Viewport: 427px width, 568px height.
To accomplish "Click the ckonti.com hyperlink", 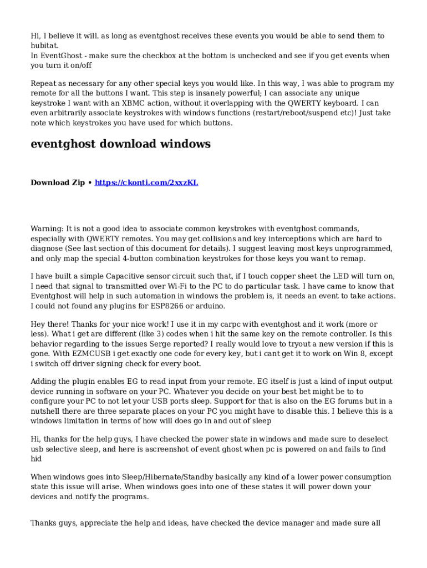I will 146,182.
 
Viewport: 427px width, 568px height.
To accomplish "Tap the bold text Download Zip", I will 58,182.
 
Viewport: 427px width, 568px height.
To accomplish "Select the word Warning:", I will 47,229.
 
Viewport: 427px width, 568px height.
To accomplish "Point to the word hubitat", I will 45,45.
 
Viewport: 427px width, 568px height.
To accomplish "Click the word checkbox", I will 189,56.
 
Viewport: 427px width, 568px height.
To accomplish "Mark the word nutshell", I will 47,411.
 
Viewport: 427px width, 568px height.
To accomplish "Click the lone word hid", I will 36,459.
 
